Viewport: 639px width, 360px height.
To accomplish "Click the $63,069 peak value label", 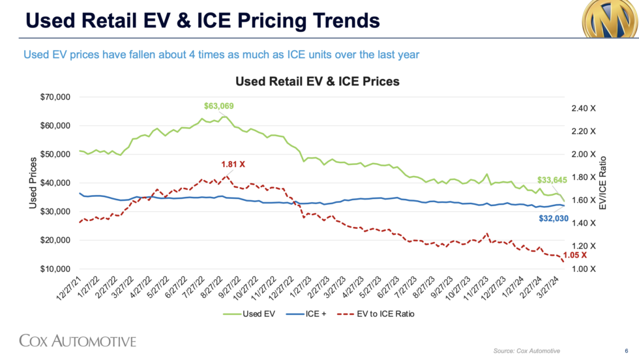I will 218,106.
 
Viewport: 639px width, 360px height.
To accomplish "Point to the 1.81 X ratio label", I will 233,164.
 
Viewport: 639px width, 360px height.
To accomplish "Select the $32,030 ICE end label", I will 554,219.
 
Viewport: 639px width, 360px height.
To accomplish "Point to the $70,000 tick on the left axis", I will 53,97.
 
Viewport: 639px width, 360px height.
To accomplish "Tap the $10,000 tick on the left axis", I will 53,269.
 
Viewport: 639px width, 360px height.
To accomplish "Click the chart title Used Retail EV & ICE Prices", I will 317,82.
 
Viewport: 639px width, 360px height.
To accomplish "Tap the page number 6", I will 617,351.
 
